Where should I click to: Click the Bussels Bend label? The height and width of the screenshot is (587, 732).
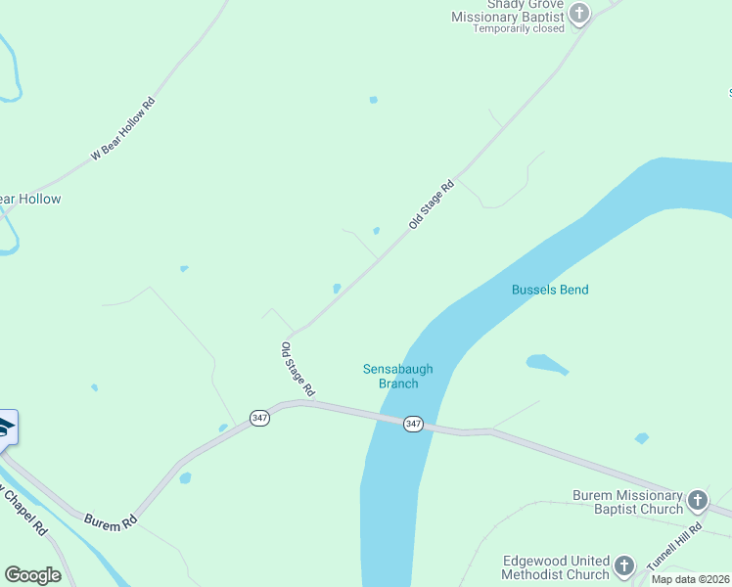[549, 290]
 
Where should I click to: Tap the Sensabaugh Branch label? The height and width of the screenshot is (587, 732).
[397, 376]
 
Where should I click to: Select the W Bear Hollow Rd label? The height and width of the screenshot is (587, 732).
[123, 128]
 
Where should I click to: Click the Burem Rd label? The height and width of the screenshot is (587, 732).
[110, 524]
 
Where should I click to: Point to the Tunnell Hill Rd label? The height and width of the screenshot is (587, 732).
[675, 548]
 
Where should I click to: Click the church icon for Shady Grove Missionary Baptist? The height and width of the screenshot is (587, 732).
[580, 14]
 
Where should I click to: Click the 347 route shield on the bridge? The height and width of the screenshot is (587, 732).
[414, 424]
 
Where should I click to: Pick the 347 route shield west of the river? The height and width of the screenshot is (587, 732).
[259, 418]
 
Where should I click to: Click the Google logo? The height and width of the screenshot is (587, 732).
[32, 575]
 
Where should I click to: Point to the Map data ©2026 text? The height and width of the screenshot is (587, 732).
[691, 579]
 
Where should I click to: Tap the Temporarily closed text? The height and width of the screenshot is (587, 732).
[519, 28]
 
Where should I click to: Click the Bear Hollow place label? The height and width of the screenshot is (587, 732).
[29, 199]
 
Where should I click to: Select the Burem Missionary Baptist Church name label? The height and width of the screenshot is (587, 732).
[627, 503]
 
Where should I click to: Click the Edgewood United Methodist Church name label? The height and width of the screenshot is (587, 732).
[556, 567]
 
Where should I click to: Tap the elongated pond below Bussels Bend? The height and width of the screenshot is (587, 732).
[547, 364]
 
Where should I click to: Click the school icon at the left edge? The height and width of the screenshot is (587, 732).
[5, 429]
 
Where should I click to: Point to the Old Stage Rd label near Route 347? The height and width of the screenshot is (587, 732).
[297, 369]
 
